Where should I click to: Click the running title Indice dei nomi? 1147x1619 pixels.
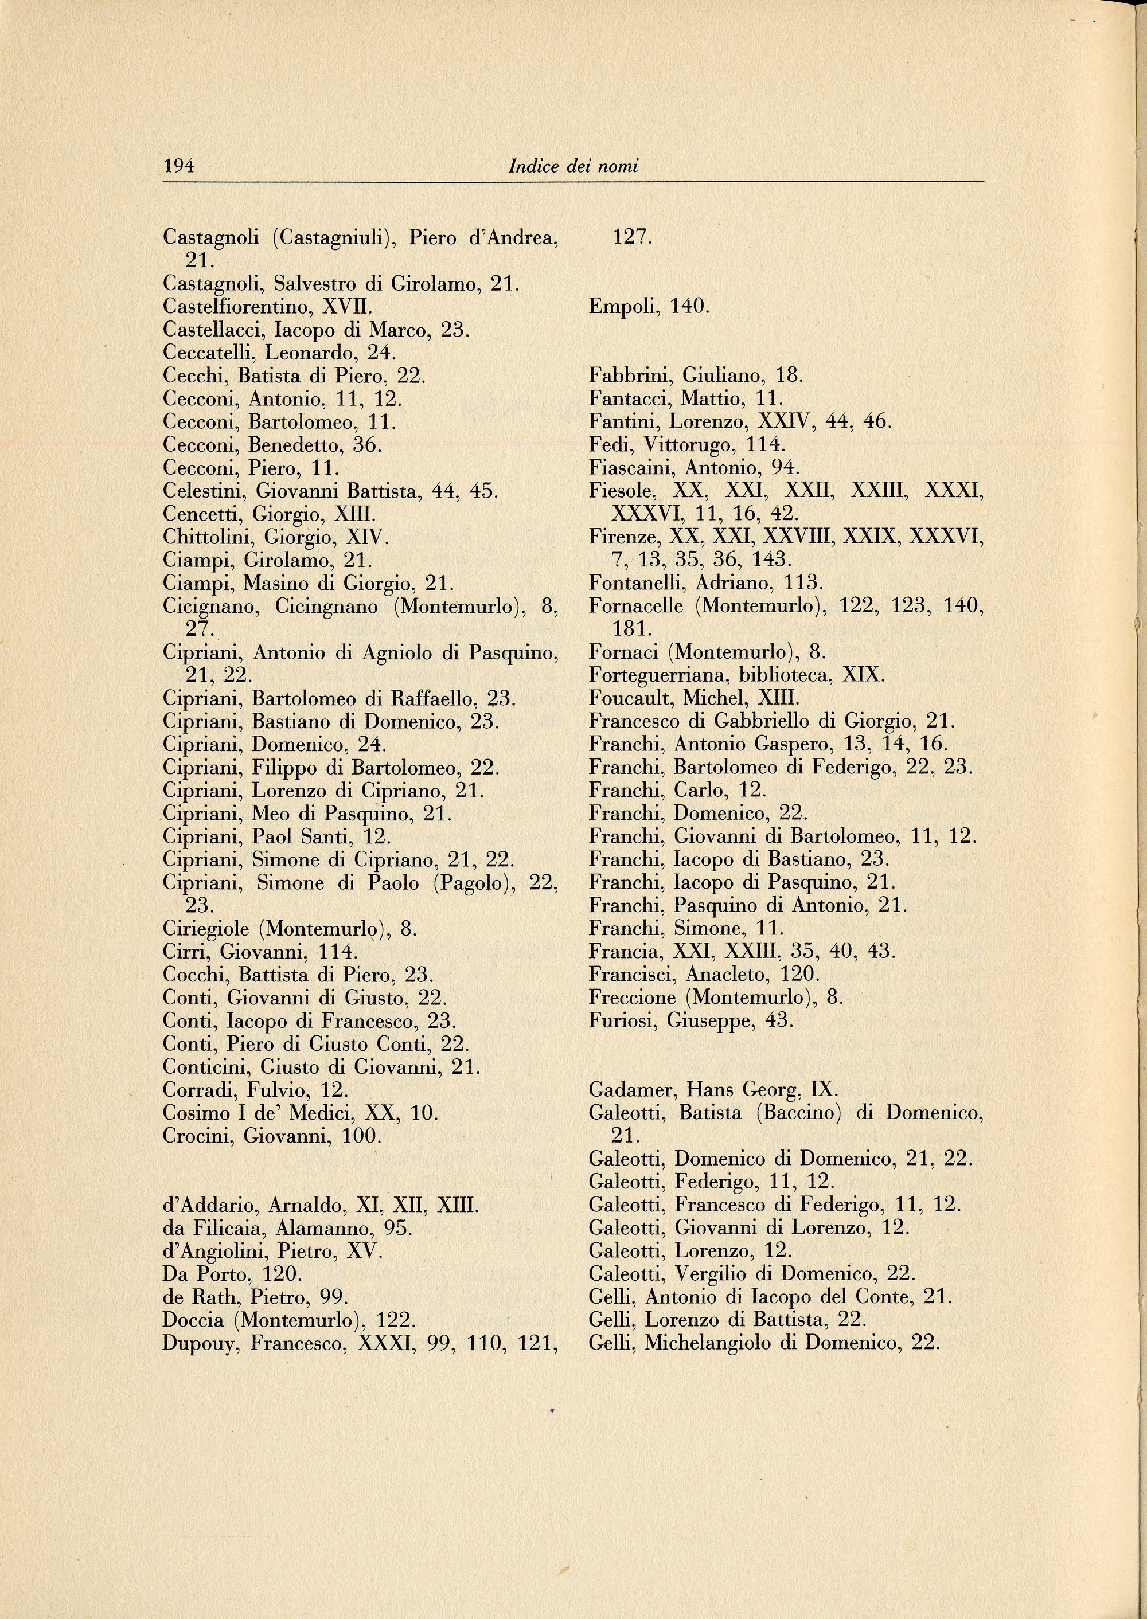[x=573, y=167]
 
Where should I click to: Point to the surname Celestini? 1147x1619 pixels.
[x=204, y=491]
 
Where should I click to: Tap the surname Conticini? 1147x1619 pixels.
[x=206, y=1067]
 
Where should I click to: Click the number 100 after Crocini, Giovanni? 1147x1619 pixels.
[x=361, y=1136]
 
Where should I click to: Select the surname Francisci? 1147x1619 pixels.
[x=629, y=975]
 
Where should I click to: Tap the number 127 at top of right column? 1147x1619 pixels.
[x=631, y=238]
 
